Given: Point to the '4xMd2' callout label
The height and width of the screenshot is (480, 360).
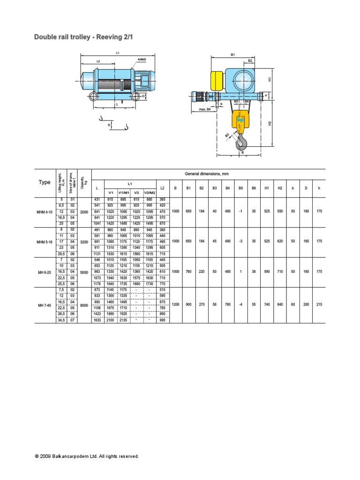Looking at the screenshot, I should click(142, 60).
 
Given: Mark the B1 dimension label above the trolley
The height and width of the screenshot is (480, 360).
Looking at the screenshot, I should click(232, 55).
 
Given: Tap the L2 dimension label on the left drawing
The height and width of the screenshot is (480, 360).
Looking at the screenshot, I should click(98, 61).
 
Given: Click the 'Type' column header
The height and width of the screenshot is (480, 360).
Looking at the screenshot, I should click(45, 182).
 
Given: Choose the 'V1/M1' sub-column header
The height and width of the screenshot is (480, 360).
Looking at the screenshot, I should click(124, 192).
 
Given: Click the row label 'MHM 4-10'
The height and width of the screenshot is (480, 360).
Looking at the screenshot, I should click(45, 212).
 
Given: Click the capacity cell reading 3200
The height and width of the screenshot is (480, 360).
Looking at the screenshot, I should click(84, 242).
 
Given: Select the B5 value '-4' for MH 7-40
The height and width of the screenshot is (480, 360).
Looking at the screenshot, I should click(240, 305).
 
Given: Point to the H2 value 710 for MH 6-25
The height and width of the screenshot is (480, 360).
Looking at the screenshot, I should click(280, 272).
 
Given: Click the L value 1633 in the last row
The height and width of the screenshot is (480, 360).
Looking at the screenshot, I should click(97, 320).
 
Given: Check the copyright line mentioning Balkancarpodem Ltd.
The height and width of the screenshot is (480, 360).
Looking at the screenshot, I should click(87, 456).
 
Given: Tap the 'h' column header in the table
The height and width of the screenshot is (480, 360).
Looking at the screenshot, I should click(319, 188).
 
